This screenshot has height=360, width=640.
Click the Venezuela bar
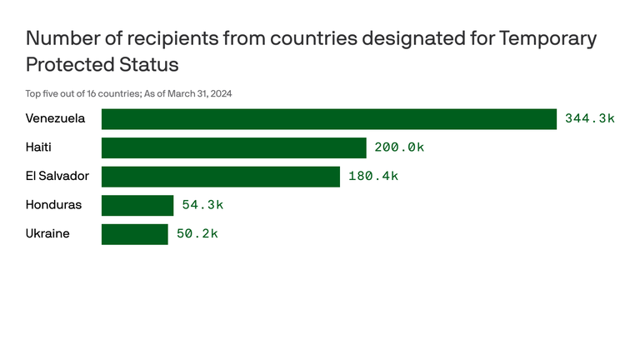329,119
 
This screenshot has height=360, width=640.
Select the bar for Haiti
234,147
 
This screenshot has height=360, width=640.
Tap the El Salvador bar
221,177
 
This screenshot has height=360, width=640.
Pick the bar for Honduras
137,205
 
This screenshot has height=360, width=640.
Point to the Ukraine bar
135,234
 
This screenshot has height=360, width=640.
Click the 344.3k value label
589,119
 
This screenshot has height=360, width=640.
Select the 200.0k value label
399,147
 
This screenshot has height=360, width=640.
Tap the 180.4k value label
372,177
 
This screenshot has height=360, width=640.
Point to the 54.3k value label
202,205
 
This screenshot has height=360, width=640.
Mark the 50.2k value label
197,234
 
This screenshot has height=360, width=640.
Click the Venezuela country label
55,119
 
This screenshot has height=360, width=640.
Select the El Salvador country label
57,177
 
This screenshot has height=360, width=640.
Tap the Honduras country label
53,205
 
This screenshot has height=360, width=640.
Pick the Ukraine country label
47,234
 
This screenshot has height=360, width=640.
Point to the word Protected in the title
69,64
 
